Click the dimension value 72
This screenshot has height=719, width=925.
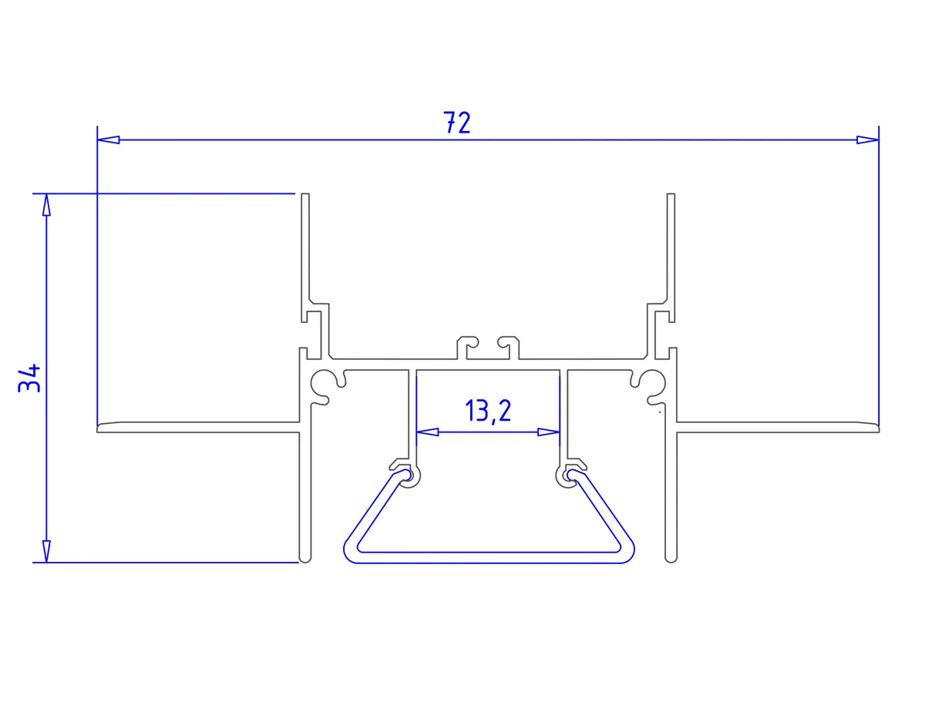click(x=457, y=123)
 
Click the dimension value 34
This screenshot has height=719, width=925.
click(x=29, y=378)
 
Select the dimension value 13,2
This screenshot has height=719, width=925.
click(x=488, y=411)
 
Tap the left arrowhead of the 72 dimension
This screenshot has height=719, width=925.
click(x=108, y=139)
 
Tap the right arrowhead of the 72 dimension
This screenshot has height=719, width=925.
click(x=867, y=139)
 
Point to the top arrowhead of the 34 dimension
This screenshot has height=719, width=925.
click(x=46, y=205)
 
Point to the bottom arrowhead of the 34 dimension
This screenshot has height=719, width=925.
click(x=46, y=551)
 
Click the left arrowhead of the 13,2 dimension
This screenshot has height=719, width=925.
click(x=427, y=432)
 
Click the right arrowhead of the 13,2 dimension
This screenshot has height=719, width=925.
click(x=549, y=432)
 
